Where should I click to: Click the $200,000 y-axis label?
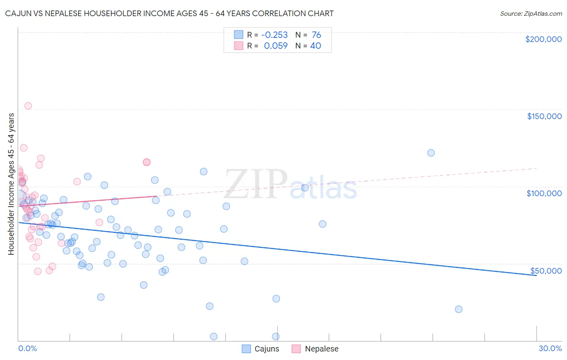(x=543, y=39)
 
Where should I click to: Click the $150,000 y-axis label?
(x=544, y=116)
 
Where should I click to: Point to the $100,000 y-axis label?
(x=544, y=193)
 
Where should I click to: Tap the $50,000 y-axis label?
(x=546, y=270)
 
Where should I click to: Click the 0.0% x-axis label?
(x=27, y=348)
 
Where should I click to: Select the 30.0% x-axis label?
(x=550, y=348)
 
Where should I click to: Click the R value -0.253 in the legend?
(x=274, y=35)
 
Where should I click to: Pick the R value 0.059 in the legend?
(x=276, y=46)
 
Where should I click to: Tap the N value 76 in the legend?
(x=316, y=35)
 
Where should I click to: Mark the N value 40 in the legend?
(x=315, y=46)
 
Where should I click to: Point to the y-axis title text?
(x=11, y=184)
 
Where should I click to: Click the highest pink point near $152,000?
(x=28, y=106)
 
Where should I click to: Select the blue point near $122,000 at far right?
(x=431, y=153)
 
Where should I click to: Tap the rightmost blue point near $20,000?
(x=459, y=309)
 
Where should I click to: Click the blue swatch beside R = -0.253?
(x=239, y=35)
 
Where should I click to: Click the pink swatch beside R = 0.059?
(x=239, y=46)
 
